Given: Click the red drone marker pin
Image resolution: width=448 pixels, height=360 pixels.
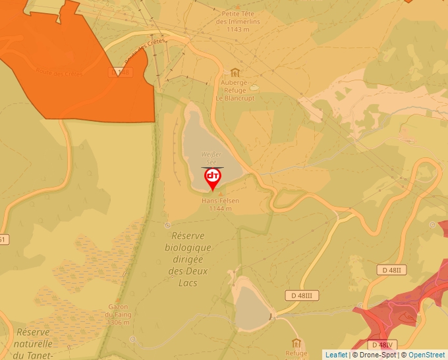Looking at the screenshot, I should click(x=213, y=178).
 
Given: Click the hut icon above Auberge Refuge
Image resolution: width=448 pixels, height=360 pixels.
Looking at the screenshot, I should click(x=235, y=72).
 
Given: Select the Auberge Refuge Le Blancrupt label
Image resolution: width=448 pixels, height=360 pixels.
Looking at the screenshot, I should click(x=235, y=90).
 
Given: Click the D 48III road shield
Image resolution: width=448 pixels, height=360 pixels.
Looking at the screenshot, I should click(x=302, y=296).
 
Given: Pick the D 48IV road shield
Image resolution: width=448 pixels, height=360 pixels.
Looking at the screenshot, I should click(x=381, y=345).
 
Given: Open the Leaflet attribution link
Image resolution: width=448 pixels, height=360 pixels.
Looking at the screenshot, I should click(x=336, y=355).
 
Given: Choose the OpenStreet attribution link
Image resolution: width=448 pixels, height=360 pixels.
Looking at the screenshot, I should click(x=426, y=355).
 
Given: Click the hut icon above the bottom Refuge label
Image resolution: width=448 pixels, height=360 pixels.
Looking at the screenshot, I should click(x=296, y=343).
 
